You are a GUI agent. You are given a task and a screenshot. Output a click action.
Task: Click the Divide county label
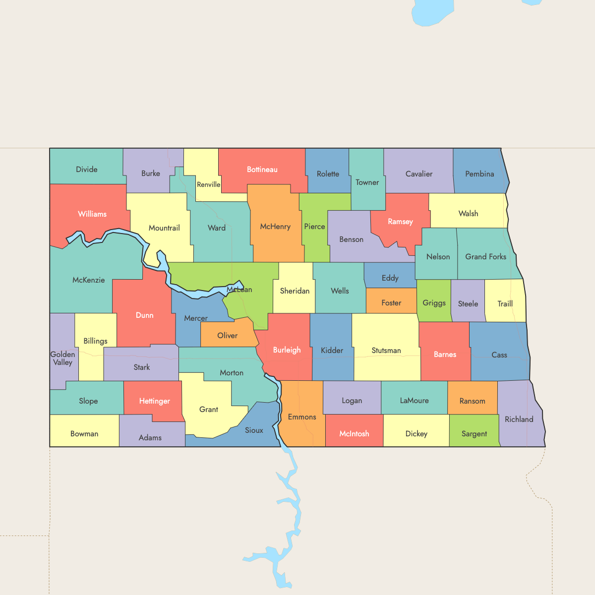click(x=87, y=170)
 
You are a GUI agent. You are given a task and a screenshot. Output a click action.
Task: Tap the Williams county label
click(x=92, y=214)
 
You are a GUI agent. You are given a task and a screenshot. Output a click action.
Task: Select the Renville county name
click(x=208, y=184)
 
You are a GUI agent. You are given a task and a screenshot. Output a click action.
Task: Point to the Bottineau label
click(x=262, y=170)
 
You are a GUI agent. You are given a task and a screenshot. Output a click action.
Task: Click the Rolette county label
click(x=328, y=174)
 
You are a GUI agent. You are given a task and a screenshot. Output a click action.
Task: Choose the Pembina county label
click(x=479, y=174)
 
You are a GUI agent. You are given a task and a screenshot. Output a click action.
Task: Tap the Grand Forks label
click(x=485, y=257)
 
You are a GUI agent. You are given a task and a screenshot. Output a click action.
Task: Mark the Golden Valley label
click(x=62, y=358)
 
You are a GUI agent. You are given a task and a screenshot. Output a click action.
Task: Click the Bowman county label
click(x=84, y=434)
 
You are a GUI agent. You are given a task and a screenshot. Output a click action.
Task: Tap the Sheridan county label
click(x=295, y=291)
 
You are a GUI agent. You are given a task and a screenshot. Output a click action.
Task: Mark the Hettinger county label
click(x=154, y=401)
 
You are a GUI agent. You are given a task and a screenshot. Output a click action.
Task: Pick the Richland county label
click(x=519, y=419)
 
